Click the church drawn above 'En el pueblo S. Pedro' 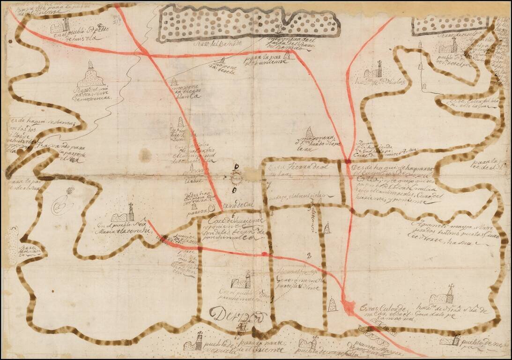click(x=61, y=25)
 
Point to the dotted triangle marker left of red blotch click(x=332, y=304)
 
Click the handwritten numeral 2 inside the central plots click(x=309, y=255)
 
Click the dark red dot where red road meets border click(x=348, y=162)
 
